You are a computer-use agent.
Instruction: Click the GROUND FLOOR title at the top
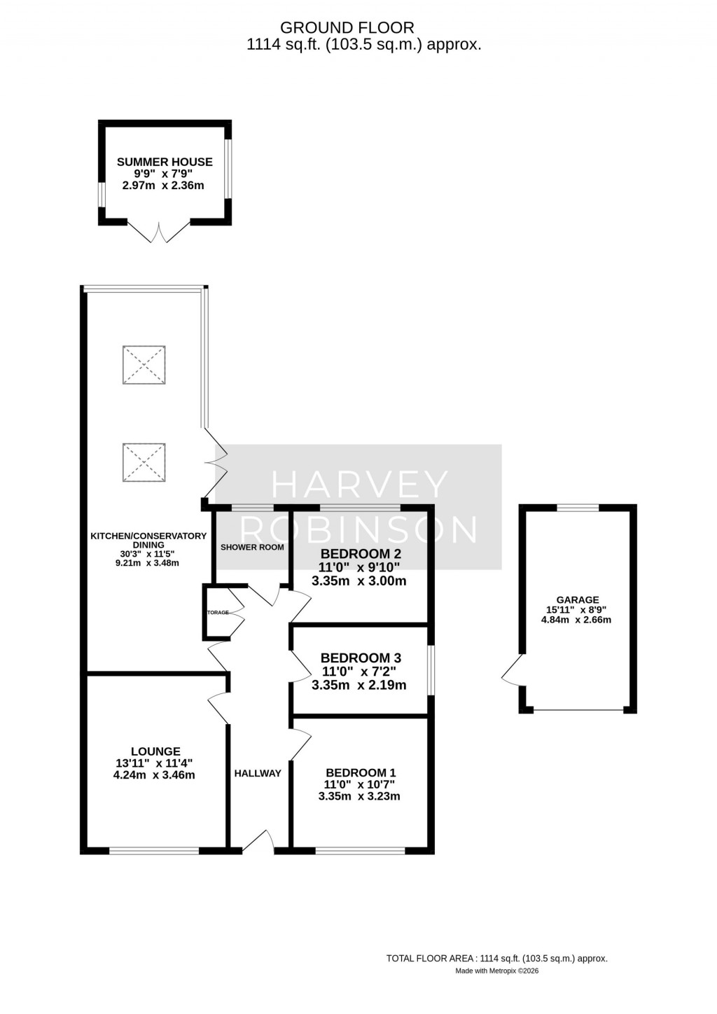point(347,28)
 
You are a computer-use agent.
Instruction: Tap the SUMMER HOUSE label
point(165,162)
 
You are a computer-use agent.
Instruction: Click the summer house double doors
point(160,233)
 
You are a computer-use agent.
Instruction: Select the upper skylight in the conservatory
point(144,364)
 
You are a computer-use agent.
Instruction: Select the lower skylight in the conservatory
point(144,462)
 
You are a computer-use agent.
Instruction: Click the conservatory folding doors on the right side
point(216,462)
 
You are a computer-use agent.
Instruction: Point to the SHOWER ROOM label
point(252,547)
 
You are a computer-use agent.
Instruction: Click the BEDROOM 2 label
point(361,553)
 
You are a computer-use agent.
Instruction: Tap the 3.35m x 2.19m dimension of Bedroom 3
point(358,685)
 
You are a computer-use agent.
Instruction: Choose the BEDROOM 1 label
point(360,773)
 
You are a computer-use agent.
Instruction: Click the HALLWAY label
point(258,773)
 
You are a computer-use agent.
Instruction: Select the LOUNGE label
point(155,751)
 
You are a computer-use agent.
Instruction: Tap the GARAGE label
point(577,599)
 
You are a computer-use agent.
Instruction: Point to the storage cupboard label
point(217,612)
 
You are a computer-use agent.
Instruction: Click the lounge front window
point(154,850)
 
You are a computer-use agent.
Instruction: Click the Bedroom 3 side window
point(430,671)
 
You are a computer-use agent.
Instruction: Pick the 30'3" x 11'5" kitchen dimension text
point(148,554)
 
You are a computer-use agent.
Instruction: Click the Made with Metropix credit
point(496,971)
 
